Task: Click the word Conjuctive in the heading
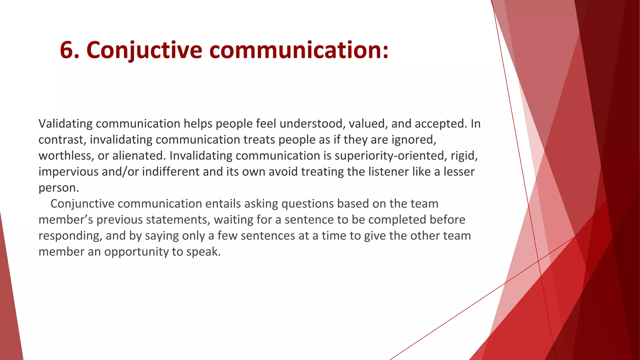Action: click(x=144, y=50)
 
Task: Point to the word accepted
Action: click(x=441, y=124)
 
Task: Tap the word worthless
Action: click(x=66, y=156)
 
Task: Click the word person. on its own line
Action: click(x=59, y=188)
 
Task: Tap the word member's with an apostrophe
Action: click(x=66, y=220)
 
